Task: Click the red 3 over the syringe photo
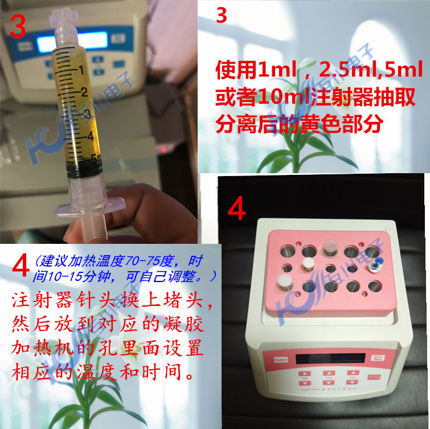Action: point(17,27)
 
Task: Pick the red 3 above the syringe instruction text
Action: point(222,16)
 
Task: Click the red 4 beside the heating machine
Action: point(236,209)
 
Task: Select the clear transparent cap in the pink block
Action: point(331,247)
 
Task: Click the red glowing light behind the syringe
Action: point(166,150)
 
